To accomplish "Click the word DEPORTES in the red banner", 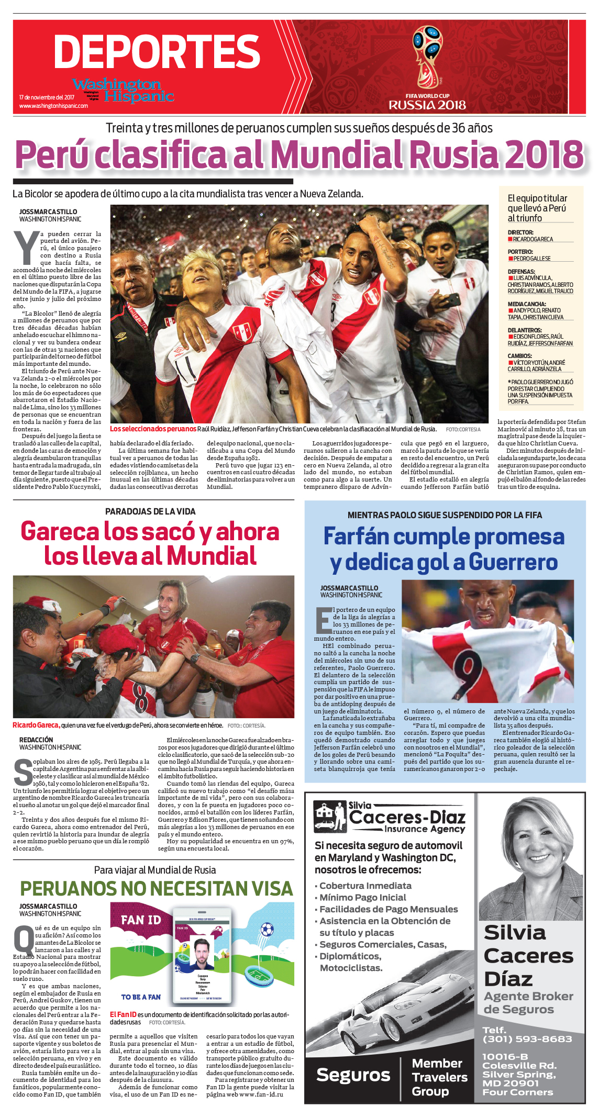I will point(157,51).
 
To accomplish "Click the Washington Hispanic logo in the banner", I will point(124,90).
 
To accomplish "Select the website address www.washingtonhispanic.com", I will point(53,106).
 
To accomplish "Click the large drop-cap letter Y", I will point(26,248).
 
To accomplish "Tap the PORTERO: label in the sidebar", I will point(520,252).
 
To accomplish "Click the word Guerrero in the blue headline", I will point(513,562).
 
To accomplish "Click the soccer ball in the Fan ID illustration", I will point(267,929).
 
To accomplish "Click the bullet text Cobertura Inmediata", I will point(365,886).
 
